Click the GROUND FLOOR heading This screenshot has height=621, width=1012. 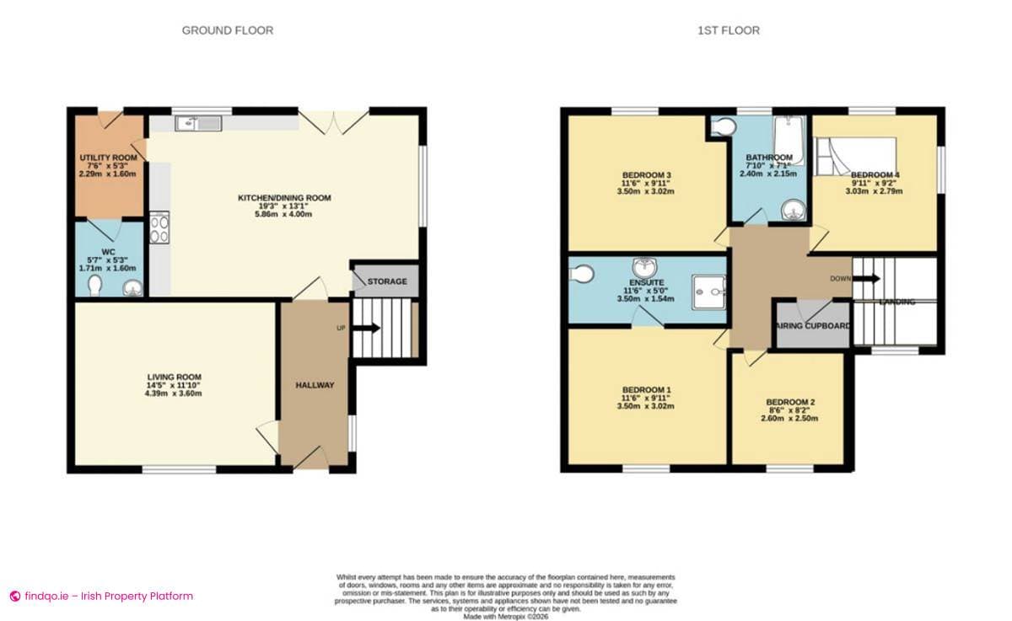coord(228,30)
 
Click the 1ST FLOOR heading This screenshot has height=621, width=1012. coord(729,30)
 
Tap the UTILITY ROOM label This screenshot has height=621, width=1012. coord(108,158)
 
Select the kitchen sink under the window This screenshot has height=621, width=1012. coord(198,124)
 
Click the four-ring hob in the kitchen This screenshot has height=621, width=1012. coord(159,228)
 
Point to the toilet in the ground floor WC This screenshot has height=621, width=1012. coord(94,286)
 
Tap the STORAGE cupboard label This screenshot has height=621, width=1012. coord(387,281)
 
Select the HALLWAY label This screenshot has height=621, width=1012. coord(315,385)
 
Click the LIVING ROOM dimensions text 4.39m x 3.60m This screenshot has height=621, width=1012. coord(174,393)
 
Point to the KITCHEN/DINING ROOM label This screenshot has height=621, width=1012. coord(284,198)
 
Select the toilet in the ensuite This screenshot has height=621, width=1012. coord(582,274)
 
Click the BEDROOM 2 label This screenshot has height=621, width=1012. coord(789,402)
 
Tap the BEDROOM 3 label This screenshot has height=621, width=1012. coord(646,175)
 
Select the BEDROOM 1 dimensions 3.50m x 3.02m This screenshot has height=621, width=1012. coord(646,406)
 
